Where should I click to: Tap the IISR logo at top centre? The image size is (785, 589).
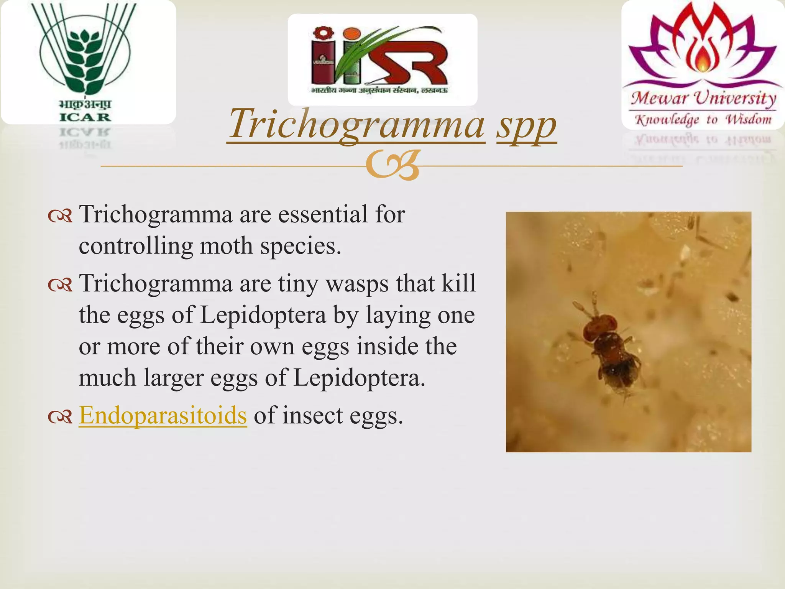coord(382,59)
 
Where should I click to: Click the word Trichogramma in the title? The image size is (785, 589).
coord(356,124)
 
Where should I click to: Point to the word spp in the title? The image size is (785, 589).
coord(526,125)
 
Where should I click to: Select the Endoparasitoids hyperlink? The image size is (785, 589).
coord(163,415)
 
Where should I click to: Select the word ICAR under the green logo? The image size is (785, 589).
coord(85,117)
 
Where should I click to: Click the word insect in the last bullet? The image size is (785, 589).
coord(312,415)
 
